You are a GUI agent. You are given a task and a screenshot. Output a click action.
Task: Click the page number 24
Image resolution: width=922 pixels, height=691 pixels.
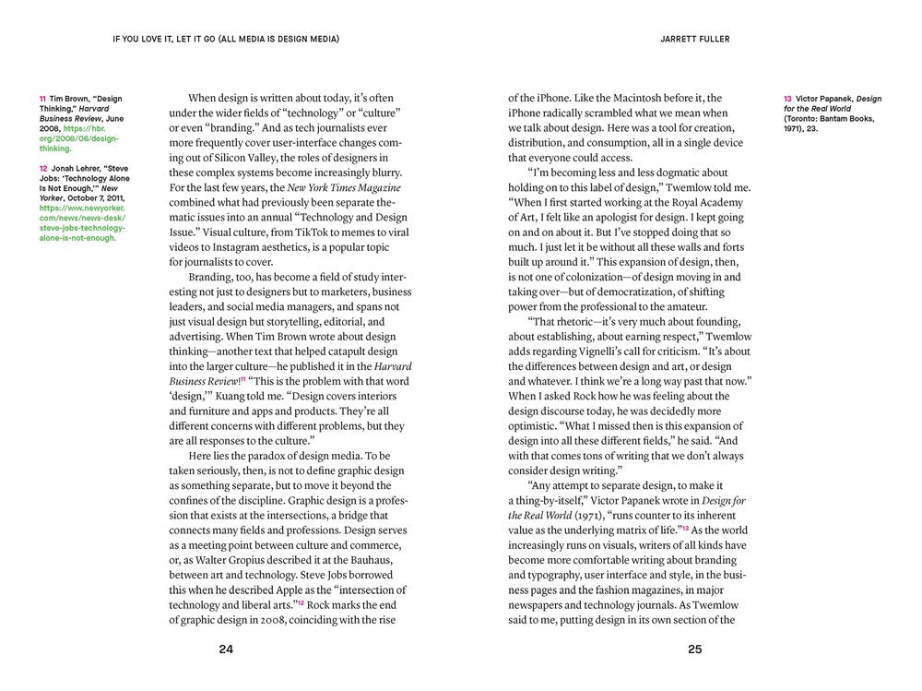pyautogui.click(x=226, y=649)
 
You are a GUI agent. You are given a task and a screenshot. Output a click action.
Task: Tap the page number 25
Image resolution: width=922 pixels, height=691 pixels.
pyautogui.click(x=695, y=649)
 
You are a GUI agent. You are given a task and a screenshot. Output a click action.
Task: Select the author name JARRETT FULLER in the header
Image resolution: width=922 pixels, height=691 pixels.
pyautogui.click(x=696, y=40)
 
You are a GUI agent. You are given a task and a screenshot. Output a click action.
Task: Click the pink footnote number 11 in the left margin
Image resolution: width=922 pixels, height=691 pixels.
pyautogui.click(x=42, y=99)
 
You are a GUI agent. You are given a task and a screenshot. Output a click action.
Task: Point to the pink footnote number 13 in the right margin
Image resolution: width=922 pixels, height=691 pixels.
pyautogui.click(x=787, y=99)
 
